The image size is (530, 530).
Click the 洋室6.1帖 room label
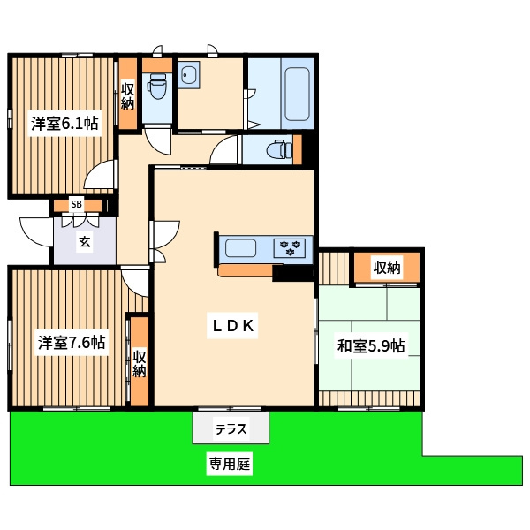[x=64, y=124]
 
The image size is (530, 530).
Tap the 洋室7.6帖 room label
[x=72, y=343]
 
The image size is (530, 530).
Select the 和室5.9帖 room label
[x=371, y=345]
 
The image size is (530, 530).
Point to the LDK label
[x=232, y=325]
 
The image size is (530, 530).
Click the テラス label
[x=231, y=429]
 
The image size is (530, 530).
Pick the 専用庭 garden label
[x=230, y=464]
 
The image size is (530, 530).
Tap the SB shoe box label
[x=76, y=204]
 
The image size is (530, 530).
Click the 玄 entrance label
[x=85, y=242]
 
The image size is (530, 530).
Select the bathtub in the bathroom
[x=298, y=94]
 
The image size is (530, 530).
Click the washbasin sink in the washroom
[x=188, y=75]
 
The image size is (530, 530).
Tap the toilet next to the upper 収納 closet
[x=157, y=86]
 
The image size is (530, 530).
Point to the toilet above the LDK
[x=279, y=149]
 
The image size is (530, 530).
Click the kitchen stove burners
[x=291, y=247]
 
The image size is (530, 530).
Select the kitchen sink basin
[x=240, y=247]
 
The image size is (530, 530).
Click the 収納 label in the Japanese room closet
[x=387, y=268]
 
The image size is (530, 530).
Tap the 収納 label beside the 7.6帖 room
[x=140, y=364]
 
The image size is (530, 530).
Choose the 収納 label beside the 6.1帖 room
[x=127, y=96]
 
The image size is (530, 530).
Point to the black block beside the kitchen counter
[x=292, y=273]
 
